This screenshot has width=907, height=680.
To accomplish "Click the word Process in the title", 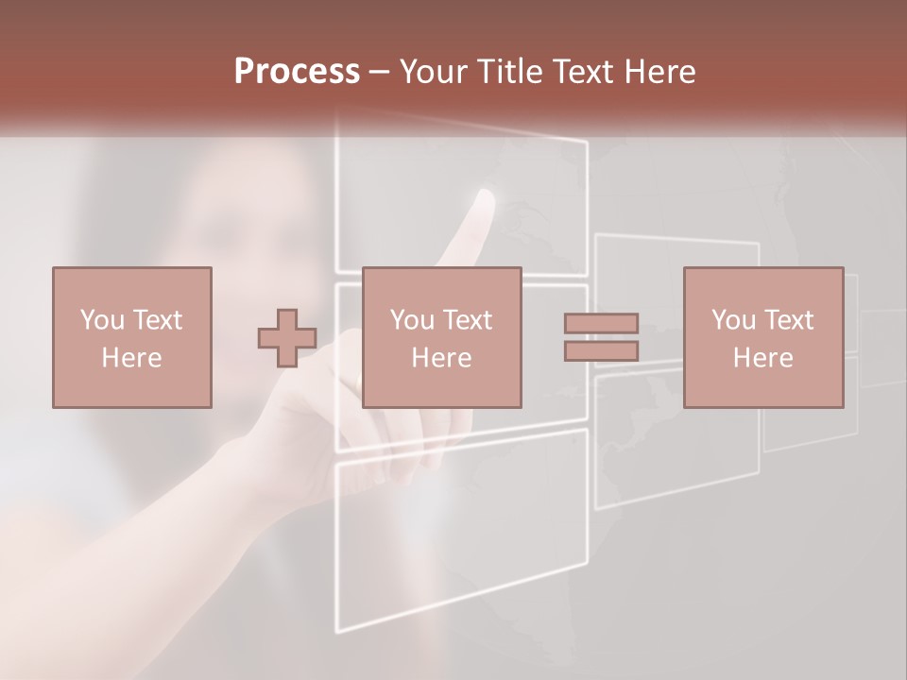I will pos(297,71).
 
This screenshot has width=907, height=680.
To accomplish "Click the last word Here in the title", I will pos(661,71).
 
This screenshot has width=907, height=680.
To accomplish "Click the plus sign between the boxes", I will pos(287,338).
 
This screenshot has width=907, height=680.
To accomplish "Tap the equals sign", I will pos(601,337).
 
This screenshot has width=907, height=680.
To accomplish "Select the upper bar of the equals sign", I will pos(601,324).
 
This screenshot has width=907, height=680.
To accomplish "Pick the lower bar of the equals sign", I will pos(601,350).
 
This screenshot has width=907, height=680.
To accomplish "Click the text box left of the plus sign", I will pos(131,337).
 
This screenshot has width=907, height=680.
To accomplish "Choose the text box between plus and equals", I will pos(441,337).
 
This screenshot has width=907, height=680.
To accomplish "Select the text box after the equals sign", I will pos(762,337).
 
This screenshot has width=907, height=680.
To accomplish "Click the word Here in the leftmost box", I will pos(131,358).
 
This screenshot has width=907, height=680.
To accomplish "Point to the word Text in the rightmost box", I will pos(789,320).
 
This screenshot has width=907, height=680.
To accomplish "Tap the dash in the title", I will pos(380,71).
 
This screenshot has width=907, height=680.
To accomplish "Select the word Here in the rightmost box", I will pos(762,358).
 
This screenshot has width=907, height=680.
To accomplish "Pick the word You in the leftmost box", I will pos(101,320).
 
